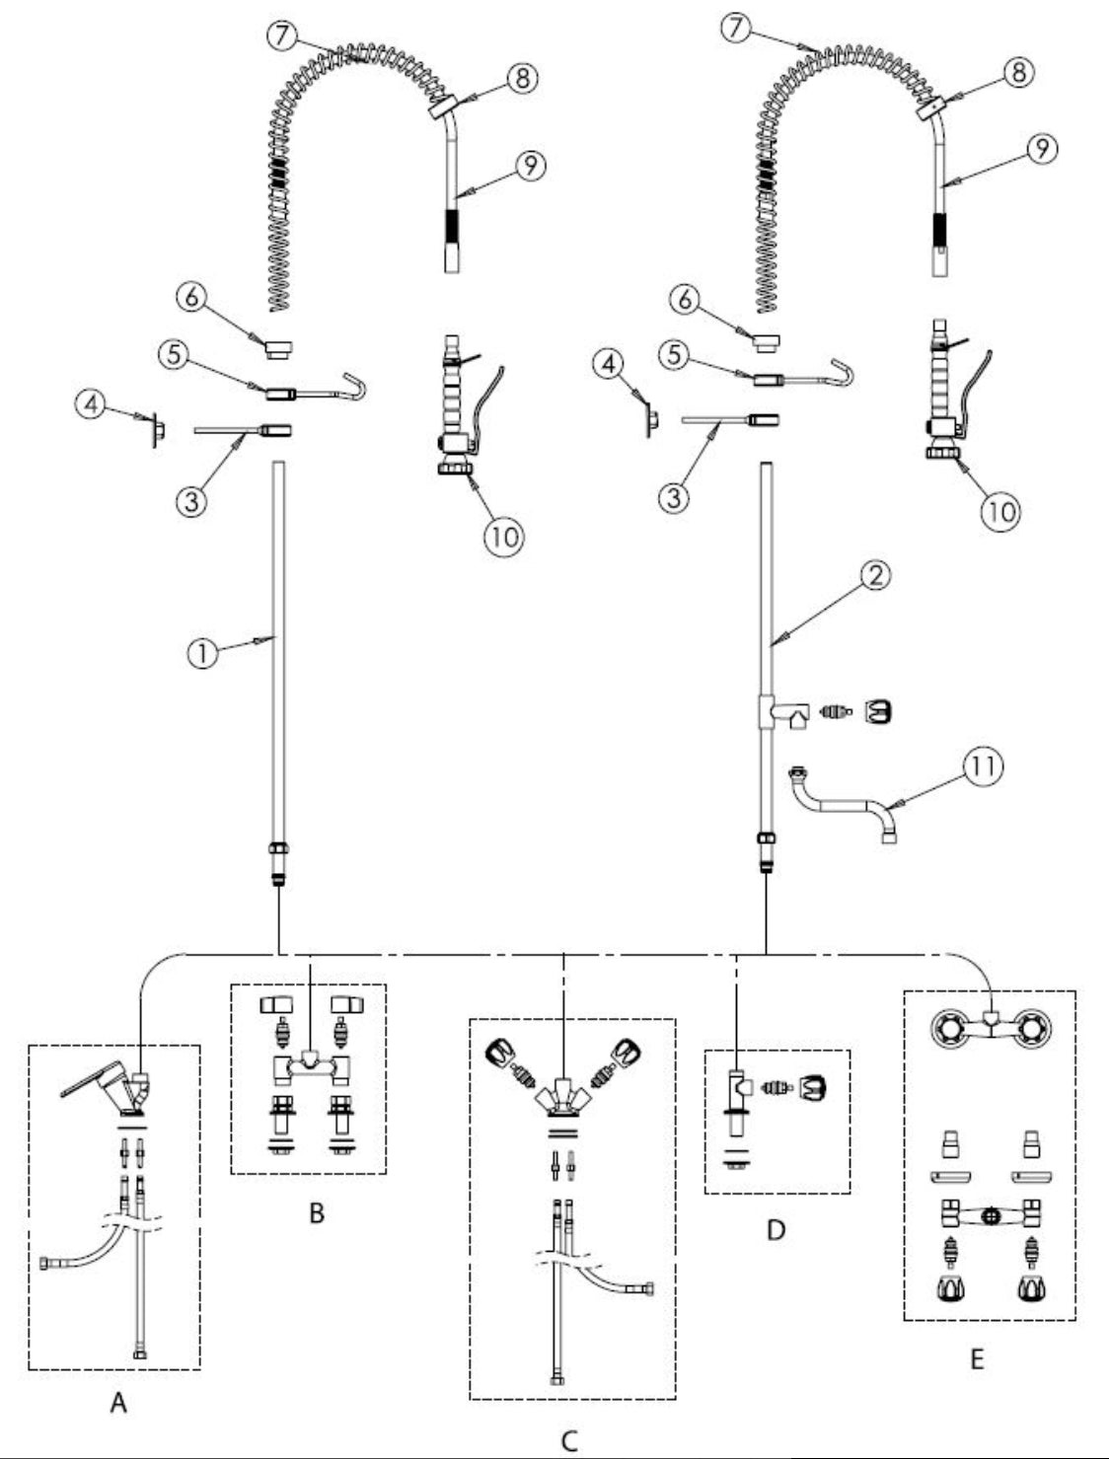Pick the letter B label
click(316, 1212)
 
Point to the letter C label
click(569, 1441)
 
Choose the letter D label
click(776, 1230)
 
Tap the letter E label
click(977, 1359)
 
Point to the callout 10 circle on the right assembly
click(999, 510)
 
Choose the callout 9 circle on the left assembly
click(531, 166)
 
